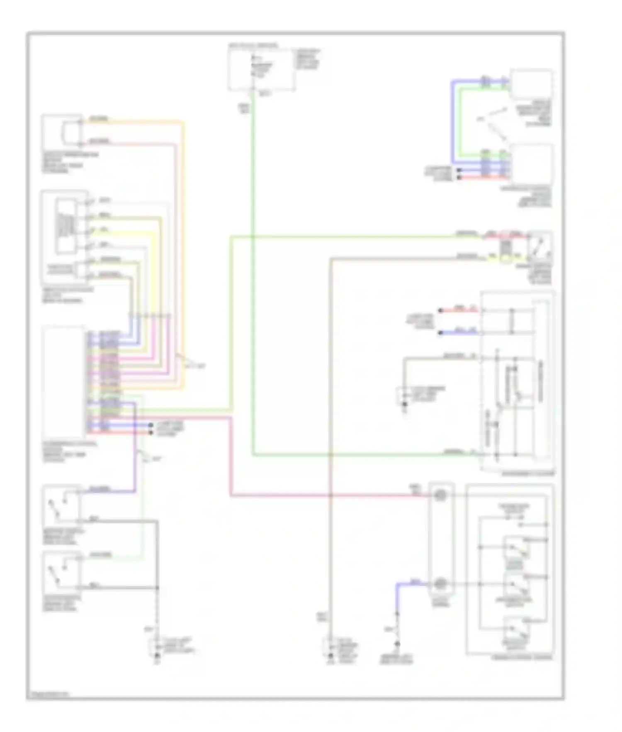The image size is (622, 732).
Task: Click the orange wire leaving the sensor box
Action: click(137, 122)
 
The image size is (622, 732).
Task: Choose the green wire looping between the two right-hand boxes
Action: click(459, 124)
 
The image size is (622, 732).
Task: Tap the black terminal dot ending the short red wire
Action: click(440, 310)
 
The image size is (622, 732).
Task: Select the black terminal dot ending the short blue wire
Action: click(440, 333)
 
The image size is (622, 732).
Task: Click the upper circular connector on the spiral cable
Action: click(440, 495)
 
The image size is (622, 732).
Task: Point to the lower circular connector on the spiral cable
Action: click(440, 584)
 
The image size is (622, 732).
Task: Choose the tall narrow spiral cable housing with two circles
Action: click(441, 539)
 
